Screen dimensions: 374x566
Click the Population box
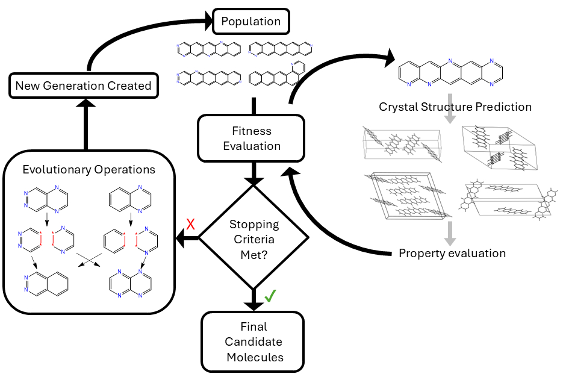(250, 22)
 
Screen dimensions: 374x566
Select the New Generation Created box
(83, 86)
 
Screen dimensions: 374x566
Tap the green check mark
(270, 296)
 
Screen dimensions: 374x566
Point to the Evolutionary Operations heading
(89, 169)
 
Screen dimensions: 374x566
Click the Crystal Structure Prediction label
(455, 107)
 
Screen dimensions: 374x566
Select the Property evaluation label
(452, 253)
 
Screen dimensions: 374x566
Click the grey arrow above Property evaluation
(450, 230)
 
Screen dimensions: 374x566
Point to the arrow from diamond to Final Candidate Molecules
(254, 299)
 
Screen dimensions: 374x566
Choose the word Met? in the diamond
(254, 254)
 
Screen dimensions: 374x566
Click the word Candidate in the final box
(254, 342)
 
